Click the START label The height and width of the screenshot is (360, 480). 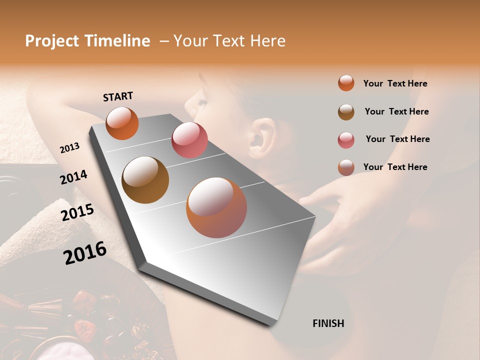(x=118, y=96)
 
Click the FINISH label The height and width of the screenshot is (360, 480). (x=328, y=323)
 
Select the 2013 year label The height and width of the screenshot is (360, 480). (x=69, y=148)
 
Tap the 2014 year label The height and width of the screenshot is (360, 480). (x=73, y=177)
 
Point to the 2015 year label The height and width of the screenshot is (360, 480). (x=77, y=212)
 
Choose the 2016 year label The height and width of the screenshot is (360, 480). (x=85, y=252)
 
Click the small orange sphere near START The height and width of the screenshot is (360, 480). (x=122, y=123)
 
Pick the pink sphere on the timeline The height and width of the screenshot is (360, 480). (x=189, y=140)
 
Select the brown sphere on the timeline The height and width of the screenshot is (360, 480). (x=145, y=180)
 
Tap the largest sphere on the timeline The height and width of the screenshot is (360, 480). (x=216, y=207)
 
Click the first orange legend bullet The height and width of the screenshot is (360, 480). (x=346, y=83)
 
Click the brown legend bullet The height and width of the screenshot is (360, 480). (x=346, y=111)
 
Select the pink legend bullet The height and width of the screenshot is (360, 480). (x=346, y=139)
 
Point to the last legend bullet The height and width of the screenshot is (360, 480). (x=346, y=167)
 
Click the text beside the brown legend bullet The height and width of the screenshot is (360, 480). (x=396, y=111)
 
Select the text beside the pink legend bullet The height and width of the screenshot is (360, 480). (x=397, y=139)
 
